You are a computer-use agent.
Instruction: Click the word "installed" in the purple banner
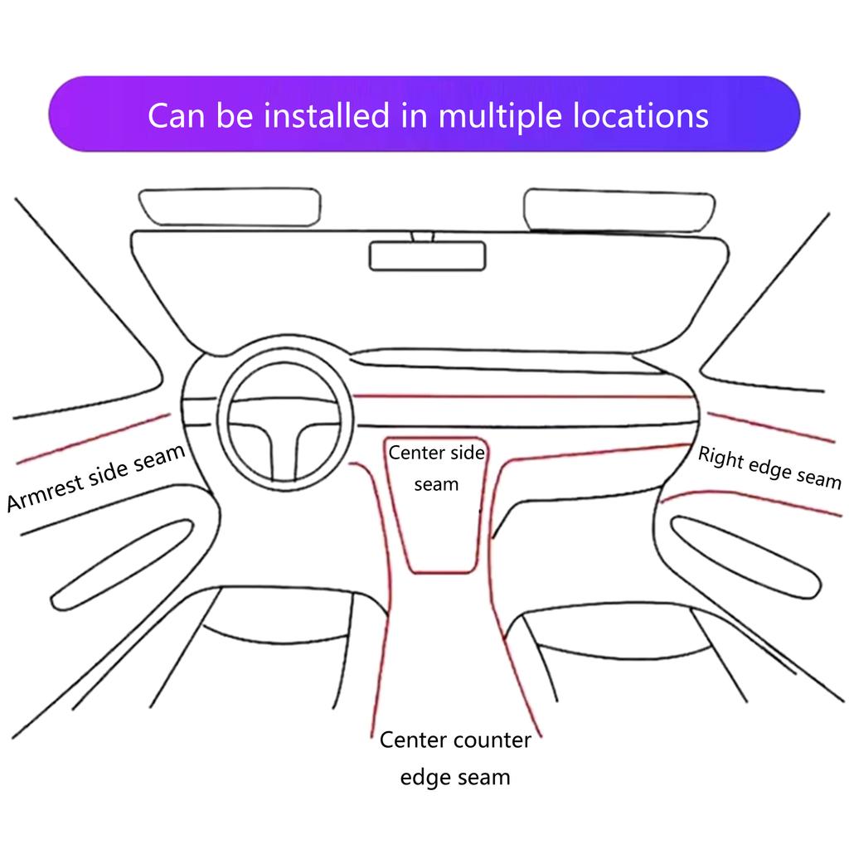[x=325, y=114]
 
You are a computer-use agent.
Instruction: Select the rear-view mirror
[x=426, y=256]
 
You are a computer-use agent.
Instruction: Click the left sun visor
[x=230, y=206]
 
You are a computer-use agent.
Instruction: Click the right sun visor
[x=619, y=209]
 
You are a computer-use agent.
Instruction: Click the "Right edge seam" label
[x=769, y=467]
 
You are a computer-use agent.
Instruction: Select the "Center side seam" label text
[x=436, y=468]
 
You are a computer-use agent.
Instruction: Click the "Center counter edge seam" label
[x=454, y=758]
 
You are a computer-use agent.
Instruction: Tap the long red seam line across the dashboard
[x=522, y=396]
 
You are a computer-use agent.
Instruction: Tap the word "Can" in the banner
[x=177, y=114]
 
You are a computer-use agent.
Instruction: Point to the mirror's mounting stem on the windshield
[x=422, y=235]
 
